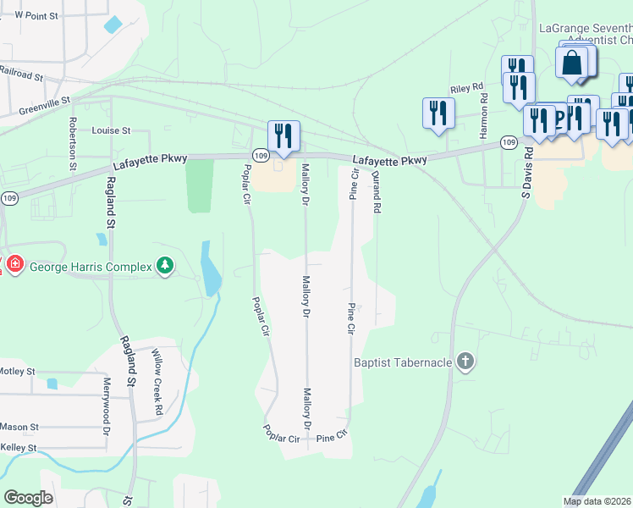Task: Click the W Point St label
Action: (x=36, y=16)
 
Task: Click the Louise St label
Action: (x=111, y=131)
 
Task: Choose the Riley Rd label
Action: (x=465, y=87)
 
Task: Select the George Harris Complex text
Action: (x=91, y=267)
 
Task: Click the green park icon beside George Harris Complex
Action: (x=166, y=267)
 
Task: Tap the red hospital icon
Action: (x=14, y=266)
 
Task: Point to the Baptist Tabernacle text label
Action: (x=403, y=362)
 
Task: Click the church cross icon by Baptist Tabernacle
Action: (x=464, y=362)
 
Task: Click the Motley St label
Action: (x=17, y=372)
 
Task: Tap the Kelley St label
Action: (x=19, y=447)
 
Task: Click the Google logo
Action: (x=28, y=498)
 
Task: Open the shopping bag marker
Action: (x=572, y=63)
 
